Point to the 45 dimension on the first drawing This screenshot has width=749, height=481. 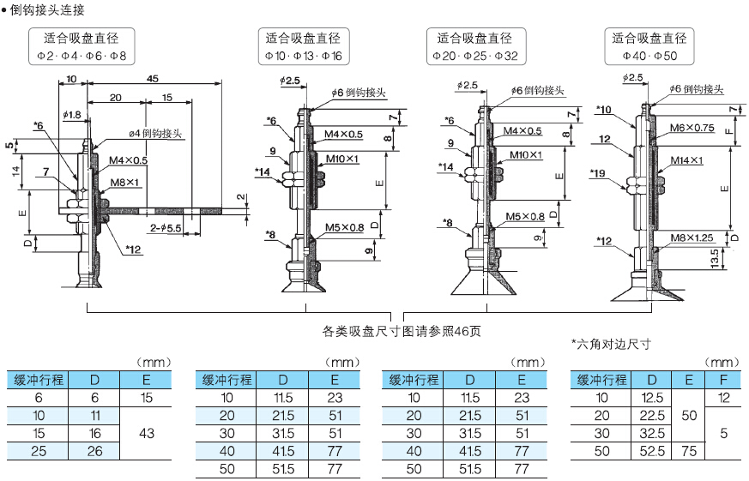coord(153,78)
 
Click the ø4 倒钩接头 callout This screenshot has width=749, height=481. coord(158,134)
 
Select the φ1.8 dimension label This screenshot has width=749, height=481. coord(72,114)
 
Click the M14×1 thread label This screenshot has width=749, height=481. coord(686,160)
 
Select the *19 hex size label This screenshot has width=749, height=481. coord(599,173)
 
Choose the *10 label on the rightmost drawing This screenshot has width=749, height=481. coord(602,110)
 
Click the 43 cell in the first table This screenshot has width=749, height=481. coord(147,433)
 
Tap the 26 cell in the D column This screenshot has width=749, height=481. coord(94,451)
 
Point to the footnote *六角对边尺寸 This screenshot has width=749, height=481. coord(611,345)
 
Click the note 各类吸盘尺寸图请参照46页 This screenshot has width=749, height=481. coord(402,330)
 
